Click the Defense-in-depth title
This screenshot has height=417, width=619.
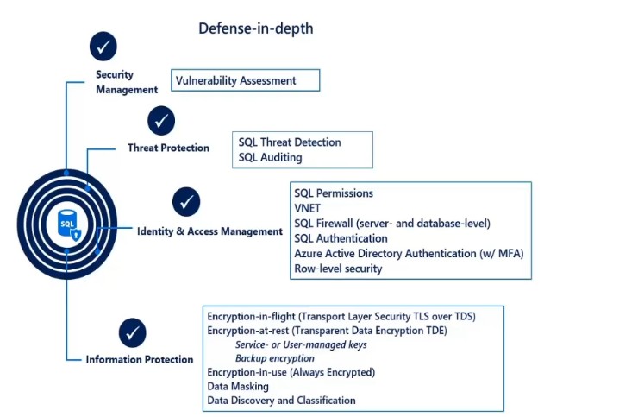(256, 28)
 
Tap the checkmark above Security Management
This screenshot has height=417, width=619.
(103, 46)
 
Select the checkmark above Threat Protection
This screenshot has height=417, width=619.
(161, 121)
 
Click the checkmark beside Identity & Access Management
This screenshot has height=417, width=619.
(186, 202)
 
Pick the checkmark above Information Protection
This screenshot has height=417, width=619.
(133, 332)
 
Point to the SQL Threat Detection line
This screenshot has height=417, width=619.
(290, 142)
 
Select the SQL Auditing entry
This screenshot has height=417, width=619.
(270, 158)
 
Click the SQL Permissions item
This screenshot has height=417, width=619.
(334, 193)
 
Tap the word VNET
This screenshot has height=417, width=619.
(309, 208)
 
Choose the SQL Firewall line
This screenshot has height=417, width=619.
(392, 224)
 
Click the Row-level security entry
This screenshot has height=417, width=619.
(338, 269)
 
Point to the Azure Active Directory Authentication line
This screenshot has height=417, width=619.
(409, 253)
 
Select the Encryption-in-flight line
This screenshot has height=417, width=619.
(341, 316)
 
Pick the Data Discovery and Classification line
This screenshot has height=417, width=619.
(281, 401)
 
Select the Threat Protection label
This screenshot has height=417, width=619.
(168, 148)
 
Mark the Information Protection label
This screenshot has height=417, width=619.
(140, 359)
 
